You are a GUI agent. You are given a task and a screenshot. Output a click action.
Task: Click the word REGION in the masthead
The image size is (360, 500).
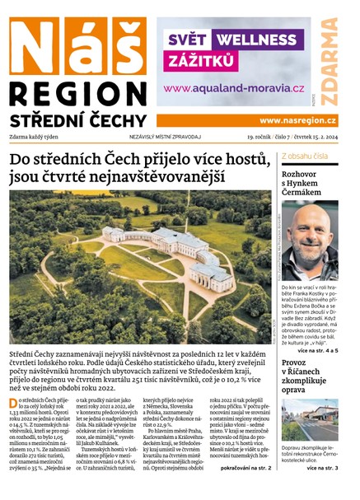pos(77,93)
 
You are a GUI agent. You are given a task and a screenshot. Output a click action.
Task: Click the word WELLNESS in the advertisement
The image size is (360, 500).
pos(264,39)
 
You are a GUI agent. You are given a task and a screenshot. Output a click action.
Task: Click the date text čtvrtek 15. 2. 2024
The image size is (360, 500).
pos(318,136)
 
